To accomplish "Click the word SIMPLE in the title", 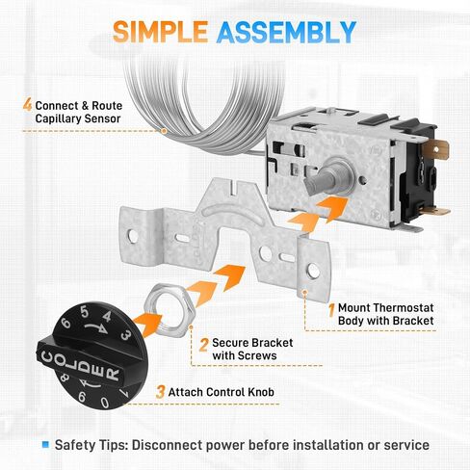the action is point(160,32).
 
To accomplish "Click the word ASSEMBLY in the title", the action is point(287,32).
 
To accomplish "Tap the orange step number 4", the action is point(28,105).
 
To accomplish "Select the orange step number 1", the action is point(332,310).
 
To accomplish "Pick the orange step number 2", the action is point(204,345).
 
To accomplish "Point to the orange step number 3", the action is point(160,392).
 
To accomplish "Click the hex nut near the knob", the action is point(169,310).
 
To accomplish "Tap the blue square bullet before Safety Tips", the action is point(45,445).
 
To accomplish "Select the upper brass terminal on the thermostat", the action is point(435,149).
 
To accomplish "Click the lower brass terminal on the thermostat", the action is point(435,211).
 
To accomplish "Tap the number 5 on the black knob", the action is point(85,312).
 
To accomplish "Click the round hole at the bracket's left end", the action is point(133,236).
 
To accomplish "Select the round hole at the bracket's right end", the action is point(313,272).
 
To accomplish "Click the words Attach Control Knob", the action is point(222,392).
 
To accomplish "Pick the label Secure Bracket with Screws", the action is point(252,349).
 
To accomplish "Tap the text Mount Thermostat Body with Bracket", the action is point(386,314).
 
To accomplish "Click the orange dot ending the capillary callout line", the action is point(164,131).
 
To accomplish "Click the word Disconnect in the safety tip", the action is point(167,445).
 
